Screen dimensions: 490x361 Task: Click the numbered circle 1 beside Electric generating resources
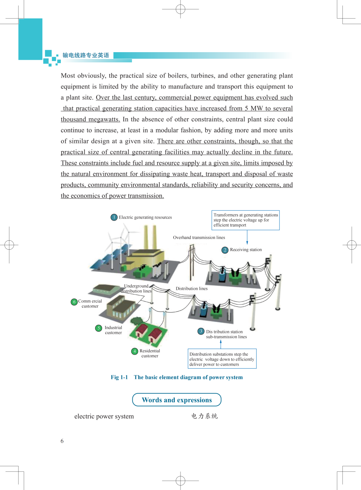[x=114, y=217]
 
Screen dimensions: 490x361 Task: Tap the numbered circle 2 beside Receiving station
[x=225, y=250]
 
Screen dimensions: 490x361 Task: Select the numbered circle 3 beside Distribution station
[x=201, y=331]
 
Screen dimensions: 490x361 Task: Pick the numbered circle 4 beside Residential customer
[x=134, y=351]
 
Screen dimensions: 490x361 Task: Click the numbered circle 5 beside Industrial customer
[x=99, y=328]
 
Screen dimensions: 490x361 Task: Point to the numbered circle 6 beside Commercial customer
[x=74, y=302]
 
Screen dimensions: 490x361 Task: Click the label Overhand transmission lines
[x=199, y=238]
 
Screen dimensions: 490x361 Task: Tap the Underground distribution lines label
[x=136, y=288]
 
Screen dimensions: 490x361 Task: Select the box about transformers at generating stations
[x=246, y=220]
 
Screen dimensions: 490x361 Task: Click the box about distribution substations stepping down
[x=222, y=359]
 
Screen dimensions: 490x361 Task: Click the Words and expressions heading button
[x=177, y=400]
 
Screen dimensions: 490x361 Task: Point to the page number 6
[x=62, y=441]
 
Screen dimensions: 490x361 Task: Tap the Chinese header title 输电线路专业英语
[x=86, y=55]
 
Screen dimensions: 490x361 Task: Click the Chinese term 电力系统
[x=205, y=416]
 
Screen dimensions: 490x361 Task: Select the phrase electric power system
[x=104, y=416]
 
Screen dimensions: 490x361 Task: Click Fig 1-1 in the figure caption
[x=119, y=377]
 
